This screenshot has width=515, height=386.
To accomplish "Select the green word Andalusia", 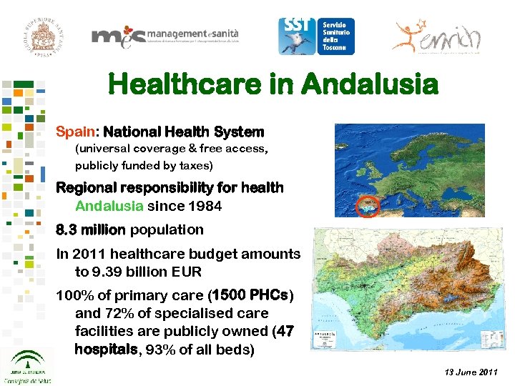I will (109, 206).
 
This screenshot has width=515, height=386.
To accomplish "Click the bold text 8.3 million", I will (91, 230).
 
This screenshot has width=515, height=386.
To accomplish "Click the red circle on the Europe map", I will (368, 207).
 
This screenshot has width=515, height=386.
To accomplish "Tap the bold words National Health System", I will (183, 132).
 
